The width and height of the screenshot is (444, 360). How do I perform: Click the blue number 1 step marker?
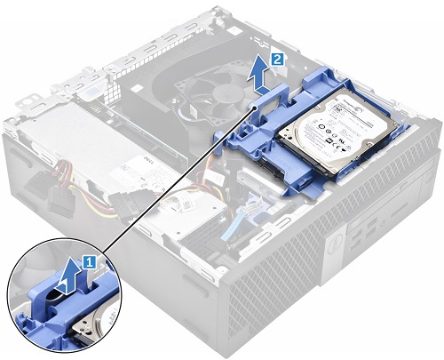click(x=88, y=261)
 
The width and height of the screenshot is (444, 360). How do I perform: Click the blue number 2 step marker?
click(x=278, y=58)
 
